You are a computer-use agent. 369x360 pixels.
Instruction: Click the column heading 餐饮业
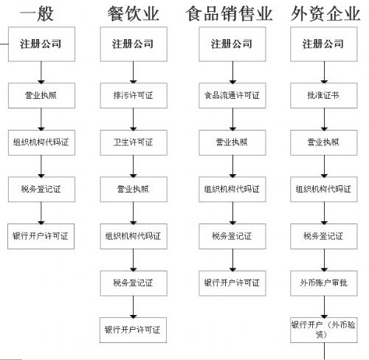(134, 14)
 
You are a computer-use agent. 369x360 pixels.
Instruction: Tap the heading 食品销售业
(229, 14)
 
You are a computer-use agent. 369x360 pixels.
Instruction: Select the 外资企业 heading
(325, 14)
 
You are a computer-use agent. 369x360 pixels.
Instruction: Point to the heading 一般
(37, 14)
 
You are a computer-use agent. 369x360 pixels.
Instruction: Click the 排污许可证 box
(134, 95)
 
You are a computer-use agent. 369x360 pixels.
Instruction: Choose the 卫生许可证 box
(134, 142)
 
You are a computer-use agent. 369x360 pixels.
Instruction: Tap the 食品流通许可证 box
(232, 95)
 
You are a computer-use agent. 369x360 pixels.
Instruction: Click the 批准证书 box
(324, 95)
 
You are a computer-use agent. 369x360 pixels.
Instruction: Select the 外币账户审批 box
(324, 283)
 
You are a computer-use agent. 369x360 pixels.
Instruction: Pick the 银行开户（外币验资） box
(324, 330)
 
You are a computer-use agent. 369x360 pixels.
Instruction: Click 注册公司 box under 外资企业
(324, 44)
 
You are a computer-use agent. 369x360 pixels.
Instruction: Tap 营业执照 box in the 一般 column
(41, 95)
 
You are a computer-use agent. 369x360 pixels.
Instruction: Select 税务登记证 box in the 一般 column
(41, 190)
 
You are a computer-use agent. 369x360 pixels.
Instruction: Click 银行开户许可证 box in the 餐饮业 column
(133, 330)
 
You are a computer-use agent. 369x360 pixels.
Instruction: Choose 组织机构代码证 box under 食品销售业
(232, 190)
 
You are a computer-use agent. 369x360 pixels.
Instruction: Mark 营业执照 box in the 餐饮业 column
(134, 190)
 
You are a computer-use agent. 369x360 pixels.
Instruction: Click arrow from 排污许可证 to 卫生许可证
(134, 120)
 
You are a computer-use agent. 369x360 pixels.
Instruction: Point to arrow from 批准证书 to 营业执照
(324, 120)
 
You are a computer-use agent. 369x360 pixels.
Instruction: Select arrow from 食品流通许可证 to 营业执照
(232, 120)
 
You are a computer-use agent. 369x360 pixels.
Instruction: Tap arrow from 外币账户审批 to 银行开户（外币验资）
(324, 307)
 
